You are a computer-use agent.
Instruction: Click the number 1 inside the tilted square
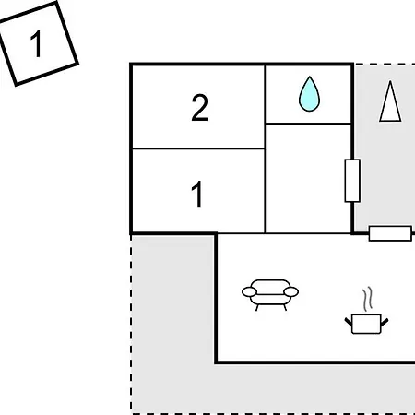[x=37, y=43]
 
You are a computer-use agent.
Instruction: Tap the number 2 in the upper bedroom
[x=199, y=107]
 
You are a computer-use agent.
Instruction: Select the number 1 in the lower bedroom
[x=197, y=194]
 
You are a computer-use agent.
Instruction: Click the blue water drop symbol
[x=309, y=94]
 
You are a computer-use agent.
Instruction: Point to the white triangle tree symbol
[x=390, y=101]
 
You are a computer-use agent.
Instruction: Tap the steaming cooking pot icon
[x=366, y=311]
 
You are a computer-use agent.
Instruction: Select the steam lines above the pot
[x=367, y=298]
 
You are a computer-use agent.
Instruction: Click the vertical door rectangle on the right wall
[x=352, y=181]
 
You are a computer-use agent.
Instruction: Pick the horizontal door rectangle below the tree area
[x=390, y=233]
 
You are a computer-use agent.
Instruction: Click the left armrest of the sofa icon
[x=249, y=291]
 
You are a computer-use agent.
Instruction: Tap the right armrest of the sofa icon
[x=290, y=291]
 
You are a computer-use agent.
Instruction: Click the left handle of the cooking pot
[x=348, y=322]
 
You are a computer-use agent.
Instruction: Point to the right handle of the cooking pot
[x=385, y=322]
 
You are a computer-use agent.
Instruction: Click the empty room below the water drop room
[x=308, y=178]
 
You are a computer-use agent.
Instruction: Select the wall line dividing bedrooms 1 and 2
[x=198, y=148]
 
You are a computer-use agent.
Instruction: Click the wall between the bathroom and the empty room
[x=308, y=124]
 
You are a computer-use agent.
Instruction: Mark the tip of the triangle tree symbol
[x=390, y=81]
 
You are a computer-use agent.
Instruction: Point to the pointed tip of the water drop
[x=310, y=77]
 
